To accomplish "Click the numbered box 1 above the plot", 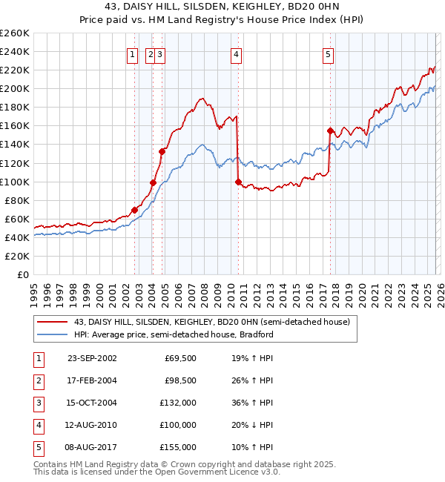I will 131,53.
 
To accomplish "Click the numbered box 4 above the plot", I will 235,53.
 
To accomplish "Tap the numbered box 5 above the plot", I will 328,53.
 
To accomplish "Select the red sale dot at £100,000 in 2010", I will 238,182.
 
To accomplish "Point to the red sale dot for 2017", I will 330,131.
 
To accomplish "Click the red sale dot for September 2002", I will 135,210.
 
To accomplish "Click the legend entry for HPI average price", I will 174,334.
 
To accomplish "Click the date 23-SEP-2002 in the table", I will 92,358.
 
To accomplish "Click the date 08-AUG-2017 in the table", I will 92,447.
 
